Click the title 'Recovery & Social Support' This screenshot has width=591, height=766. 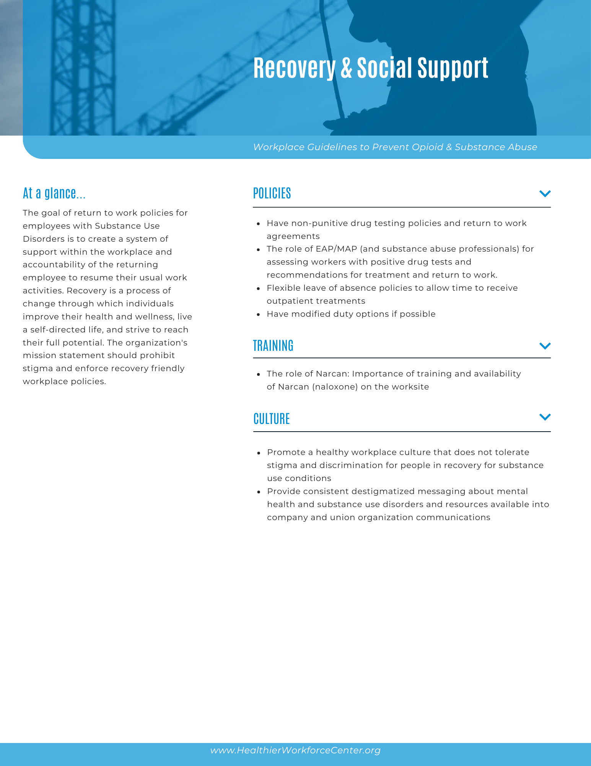(371, 68)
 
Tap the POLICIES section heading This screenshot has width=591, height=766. (272, 193)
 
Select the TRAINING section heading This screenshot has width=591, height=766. (273, 345)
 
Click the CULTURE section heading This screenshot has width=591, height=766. (272, 419)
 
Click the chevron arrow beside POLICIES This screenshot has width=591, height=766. (545, 193)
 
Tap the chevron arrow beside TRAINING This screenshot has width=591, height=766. (545, 346)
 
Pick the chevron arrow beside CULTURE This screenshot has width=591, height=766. (545, 417)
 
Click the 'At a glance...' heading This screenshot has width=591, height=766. (54, 193)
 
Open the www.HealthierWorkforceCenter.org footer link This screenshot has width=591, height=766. (295, 750)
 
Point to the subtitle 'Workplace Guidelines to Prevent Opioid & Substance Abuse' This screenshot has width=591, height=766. (395, 147)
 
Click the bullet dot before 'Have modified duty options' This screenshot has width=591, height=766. (259, 314)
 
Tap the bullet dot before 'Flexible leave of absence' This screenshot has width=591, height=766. (259, 288)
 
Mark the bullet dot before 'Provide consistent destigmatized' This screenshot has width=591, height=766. (259, 492)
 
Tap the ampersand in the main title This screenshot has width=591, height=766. (346, 68)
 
